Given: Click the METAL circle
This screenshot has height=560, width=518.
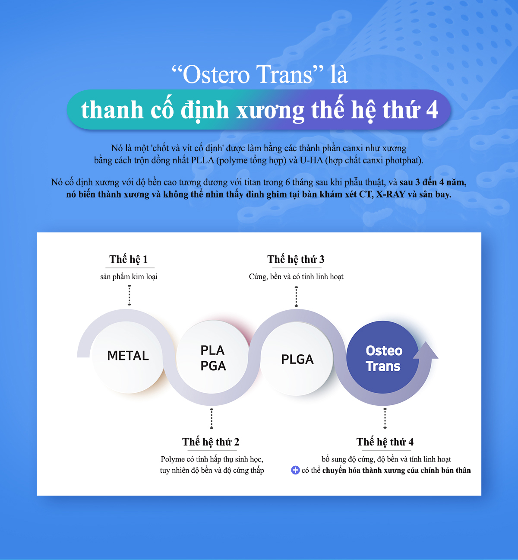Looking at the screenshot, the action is coord(127,356).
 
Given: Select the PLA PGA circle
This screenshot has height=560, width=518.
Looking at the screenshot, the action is coord(212,357).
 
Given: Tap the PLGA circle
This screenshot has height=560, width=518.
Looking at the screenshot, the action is coord(297,359).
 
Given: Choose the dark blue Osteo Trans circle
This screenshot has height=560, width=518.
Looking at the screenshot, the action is coord(382,357).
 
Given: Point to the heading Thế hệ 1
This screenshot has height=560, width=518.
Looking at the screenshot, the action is coord(129,259).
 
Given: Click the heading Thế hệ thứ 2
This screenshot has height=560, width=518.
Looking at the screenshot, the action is coord(211,442).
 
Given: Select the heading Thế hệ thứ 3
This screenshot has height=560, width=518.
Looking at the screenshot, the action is coord(296,259).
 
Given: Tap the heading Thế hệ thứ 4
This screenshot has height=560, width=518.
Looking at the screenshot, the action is coord(385,442).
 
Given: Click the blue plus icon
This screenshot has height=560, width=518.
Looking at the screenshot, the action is coord(295,470).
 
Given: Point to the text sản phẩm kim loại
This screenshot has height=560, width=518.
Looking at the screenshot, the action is coord(129,277).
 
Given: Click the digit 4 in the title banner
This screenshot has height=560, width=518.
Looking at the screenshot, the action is coord(432,110).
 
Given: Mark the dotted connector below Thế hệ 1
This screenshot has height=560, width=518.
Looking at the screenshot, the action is coord(129,295).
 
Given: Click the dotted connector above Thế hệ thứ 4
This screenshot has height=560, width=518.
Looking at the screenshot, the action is coord(385,418).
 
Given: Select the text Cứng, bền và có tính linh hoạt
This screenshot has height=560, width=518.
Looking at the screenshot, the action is coord(296,277).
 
